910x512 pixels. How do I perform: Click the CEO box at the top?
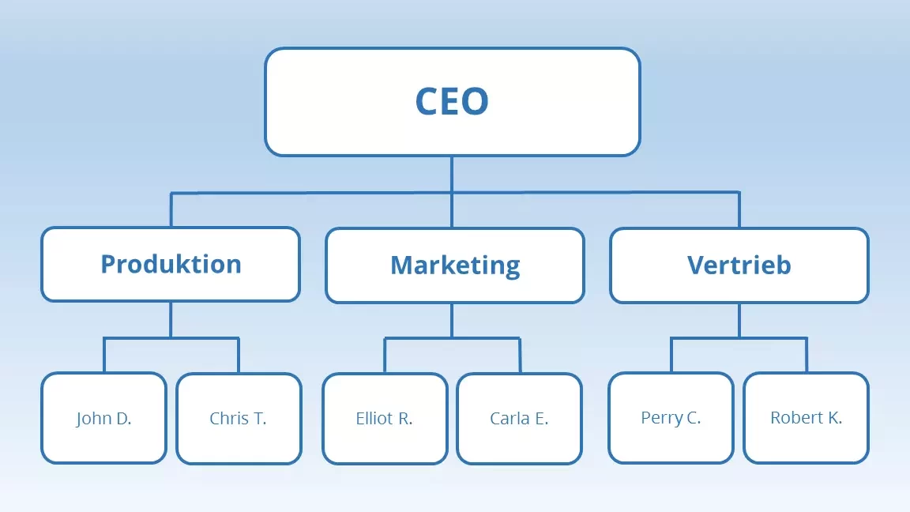point(452,101)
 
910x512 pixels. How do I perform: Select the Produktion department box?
point(171,264)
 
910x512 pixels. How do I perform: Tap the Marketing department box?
point(455,265)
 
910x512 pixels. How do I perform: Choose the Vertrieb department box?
point(739,265)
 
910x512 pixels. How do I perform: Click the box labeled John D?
point(103,418)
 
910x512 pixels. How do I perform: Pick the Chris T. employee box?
point(239,418)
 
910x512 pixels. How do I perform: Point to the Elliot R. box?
point(385,418)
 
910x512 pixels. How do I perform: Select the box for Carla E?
point(519,418)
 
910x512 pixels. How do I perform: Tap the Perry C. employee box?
point(671,417)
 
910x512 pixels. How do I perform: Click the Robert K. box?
point(806,417)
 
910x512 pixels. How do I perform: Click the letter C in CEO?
point(427,102)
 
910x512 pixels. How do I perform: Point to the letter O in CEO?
point(476,102)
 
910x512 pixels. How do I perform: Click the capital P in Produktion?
point(108,264)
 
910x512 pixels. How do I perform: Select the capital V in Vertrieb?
point(695,265)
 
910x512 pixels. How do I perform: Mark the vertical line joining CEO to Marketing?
point(452,209)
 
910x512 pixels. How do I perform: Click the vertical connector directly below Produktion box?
point(171,319)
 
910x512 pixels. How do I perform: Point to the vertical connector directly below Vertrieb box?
point(739,320)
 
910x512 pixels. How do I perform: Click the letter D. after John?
point(122,419)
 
